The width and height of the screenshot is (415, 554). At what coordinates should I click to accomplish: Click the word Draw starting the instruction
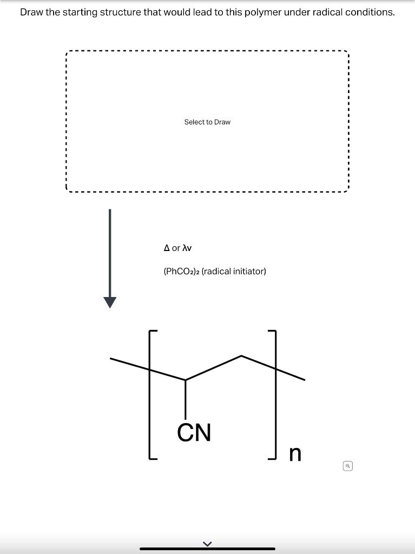pos(32,12)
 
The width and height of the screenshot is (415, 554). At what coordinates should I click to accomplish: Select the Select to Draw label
pos(207,122)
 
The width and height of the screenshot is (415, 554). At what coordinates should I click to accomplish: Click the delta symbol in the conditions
pos(167,248)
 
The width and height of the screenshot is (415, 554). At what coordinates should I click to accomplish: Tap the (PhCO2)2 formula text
pos(181,271)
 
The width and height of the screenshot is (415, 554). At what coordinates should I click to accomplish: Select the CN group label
pos(194,432)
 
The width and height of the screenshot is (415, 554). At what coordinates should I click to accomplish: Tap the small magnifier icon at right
pos(348,465)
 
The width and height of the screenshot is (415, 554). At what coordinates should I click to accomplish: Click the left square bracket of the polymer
pos(150,395)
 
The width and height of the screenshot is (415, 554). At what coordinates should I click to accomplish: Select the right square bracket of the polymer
pos(274,395)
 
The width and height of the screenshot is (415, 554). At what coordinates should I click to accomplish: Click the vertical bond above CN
pos(186,400)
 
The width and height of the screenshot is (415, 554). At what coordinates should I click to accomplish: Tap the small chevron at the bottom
pos(207,544)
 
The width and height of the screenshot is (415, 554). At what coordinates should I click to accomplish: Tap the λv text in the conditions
pos(186,248)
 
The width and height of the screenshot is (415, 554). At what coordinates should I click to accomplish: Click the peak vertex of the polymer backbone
pos(241,356)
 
